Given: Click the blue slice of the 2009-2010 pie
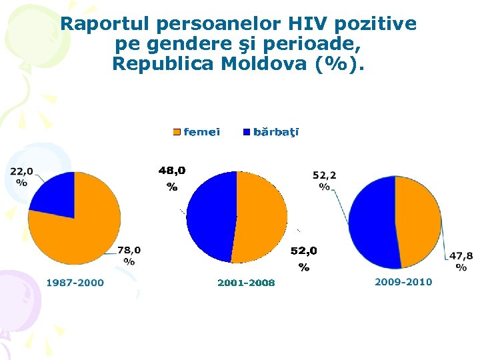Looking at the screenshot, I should (x=370, y=223).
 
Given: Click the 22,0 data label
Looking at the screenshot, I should (x=21, y=177).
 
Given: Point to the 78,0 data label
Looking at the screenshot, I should (x=129, y=255).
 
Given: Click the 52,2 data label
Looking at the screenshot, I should (x=325, y=181).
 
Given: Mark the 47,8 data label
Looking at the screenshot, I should (x=461, y=261).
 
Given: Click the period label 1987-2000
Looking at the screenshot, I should (x=75, y=283).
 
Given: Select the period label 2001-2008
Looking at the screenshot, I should (x=246, y=283).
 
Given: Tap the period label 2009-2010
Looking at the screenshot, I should (x=403, y=282).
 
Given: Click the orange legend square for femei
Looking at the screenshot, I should (x=177, y=132).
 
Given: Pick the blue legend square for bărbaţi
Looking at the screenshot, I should (x=247, y=132).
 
